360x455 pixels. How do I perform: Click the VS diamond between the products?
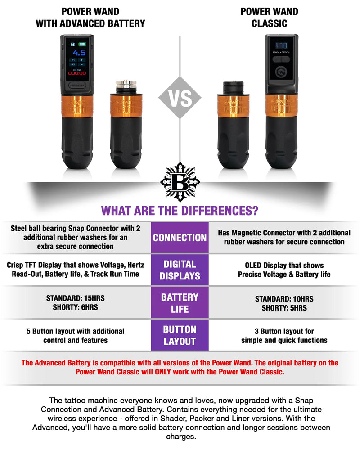pyautogui.click(x=180, y=98)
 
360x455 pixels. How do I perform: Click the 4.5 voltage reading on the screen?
pyautogui.click(x=79, y=52)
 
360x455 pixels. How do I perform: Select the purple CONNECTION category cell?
pyautogui.click(x=180, y=238)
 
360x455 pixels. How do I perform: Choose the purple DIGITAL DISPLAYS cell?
pyautogui.click(x=180, y=270)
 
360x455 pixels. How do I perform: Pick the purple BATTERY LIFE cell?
pyautogui.click(x=180, y=303)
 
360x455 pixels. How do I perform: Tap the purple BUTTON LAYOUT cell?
pyautogui.click(x=180, y=335)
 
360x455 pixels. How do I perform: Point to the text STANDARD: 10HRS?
pyautogui.click(x=284, y=299)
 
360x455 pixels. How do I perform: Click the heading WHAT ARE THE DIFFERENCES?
pyautogui.click(x=180, y=210)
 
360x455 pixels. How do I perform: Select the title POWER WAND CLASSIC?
pyautogui.click(x=269, y=18)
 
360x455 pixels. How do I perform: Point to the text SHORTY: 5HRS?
pyautogui.click(x=284, y=308)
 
